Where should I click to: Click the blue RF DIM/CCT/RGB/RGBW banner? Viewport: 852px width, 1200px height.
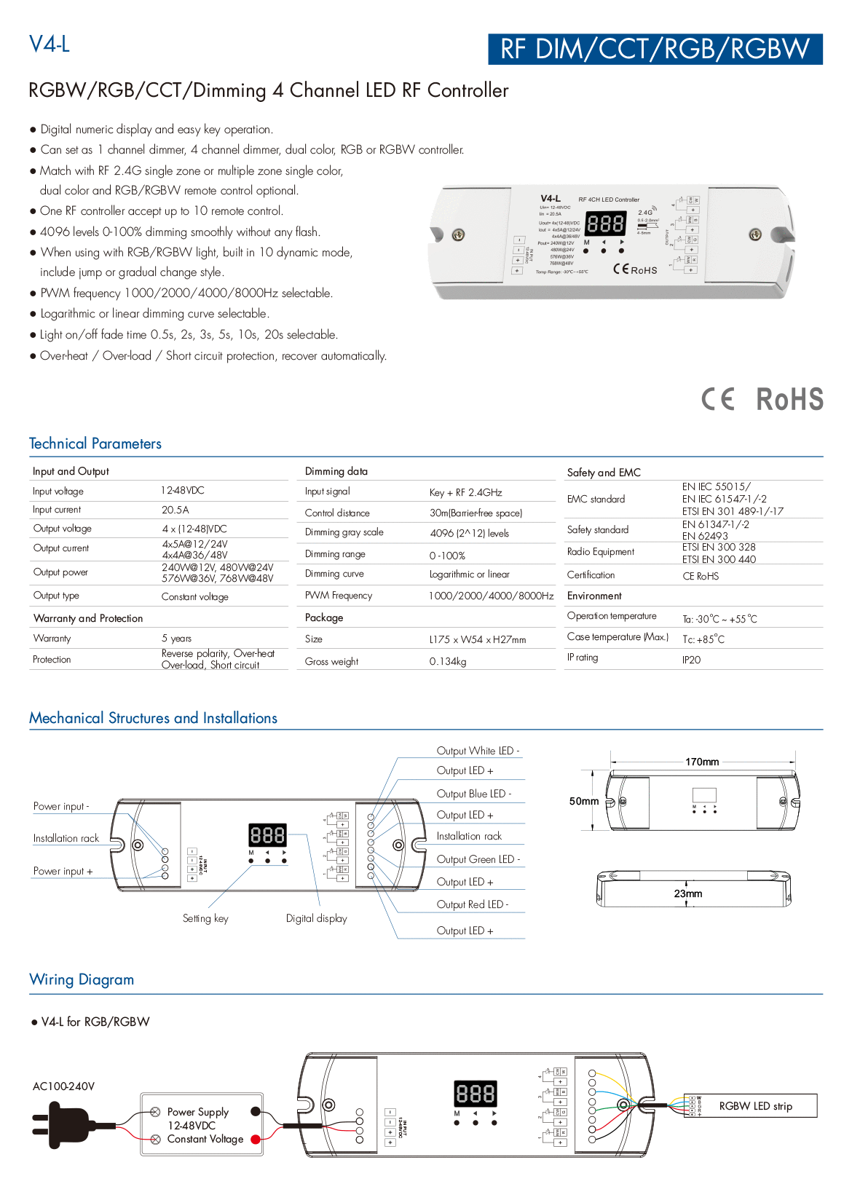point(655,49)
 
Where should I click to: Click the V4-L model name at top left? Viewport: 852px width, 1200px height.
point(50,44)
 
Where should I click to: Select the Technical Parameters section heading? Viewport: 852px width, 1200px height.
point(95,443)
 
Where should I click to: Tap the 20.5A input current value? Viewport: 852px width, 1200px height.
point(175,510)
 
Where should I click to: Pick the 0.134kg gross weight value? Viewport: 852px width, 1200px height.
point(448,662)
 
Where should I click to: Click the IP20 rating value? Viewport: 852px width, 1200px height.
point(691,660)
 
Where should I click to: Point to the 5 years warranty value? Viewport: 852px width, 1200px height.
point(177,639)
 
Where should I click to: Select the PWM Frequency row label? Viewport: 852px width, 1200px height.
point(339,596)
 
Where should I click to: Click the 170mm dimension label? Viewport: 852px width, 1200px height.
point(702,762)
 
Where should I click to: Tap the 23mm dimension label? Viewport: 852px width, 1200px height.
point(688,893)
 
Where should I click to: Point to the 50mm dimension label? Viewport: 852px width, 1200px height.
point(584,801)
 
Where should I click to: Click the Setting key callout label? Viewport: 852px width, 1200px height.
point(205,919)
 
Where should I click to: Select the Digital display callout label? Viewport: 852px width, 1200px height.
point(317,919)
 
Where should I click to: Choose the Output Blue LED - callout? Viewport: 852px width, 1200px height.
point(474,794)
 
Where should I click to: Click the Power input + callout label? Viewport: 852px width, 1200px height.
point(63,872)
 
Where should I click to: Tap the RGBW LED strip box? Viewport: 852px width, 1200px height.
point(755,1106)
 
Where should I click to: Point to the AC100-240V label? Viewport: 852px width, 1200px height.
point(63,1086)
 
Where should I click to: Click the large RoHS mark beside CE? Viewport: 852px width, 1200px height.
point(789,399)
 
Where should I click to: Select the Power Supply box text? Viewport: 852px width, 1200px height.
point(198,1125)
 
